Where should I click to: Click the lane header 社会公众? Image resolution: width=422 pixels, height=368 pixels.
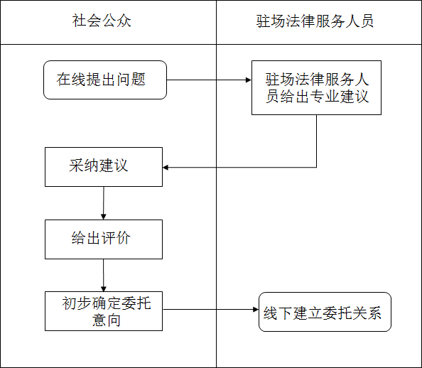click(x=102, y=21)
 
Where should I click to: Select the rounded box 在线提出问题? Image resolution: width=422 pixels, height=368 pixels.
click(x=104, y=80)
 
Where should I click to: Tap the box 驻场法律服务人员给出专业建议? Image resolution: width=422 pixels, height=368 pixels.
click(x=316, y=87)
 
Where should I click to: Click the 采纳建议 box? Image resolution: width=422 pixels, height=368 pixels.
click(x=104, y=166)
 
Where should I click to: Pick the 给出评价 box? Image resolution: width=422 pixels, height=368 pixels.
click(x=104, y=239)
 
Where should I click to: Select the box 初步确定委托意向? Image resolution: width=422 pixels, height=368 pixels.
click(x=104, y=311)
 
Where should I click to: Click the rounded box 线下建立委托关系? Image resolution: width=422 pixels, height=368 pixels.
click(x=325, y=312)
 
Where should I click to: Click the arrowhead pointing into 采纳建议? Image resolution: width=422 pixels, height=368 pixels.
click(x=166, y=168)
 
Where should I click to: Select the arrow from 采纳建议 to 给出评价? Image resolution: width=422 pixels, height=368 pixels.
click(x=104, y=203)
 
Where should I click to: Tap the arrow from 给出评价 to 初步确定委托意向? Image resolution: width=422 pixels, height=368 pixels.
click(x=104, y=275)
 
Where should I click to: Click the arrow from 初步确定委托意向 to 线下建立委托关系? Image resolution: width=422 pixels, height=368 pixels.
click(x=210, y=310)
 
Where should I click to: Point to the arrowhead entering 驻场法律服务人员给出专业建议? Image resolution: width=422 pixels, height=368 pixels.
click(x=248, y=80)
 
